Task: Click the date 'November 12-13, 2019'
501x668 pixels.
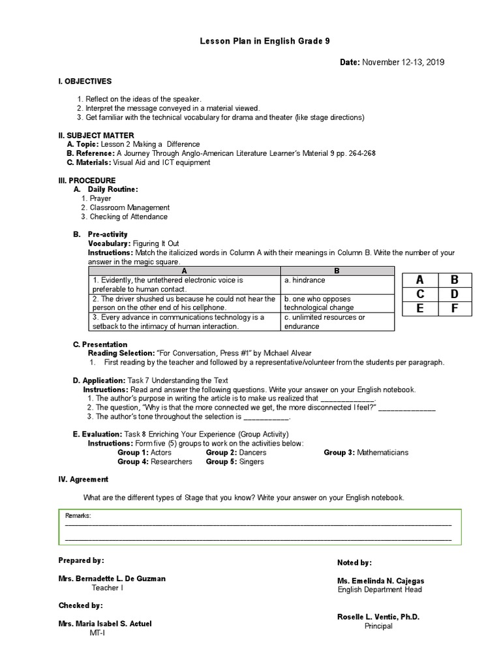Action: (x=404, y=62)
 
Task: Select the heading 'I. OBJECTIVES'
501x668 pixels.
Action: (x=85, y=82)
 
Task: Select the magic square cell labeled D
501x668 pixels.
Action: (x=455, y=294)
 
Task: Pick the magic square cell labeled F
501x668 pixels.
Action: (x=455, y=308)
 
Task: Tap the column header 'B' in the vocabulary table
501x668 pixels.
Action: (x=337, y=270)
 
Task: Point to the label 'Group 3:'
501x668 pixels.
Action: (x=339, y=452)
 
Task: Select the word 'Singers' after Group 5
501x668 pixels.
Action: (x=251, y=461)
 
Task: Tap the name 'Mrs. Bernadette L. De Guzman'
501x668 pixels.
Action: (x=112, y=578)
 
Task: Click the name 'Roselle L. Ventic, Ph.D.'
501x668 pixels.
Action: (x=378, y=616)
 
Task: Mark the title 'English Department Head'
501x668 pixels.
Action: (x=380, y=589)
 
